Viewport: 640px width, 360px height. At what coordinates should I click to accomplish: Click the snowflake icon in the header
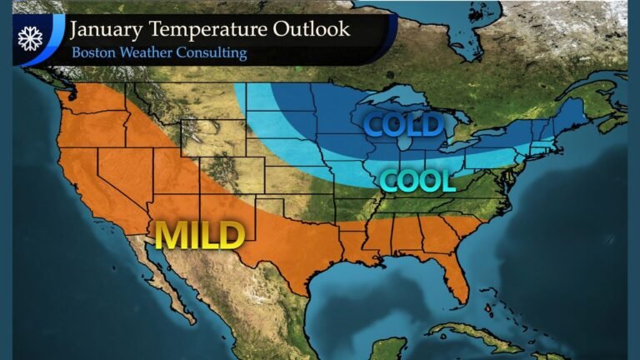[x=30, y=39]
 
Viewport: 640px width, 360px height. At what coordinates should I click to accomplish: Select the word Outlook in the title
[x=315, y=29]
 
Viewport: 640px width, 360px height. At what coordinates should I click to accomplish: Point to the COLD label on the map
[x=402, y=125]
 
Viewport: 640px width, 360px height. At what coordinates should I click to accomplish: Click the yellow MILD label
[x=199, y=235]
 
